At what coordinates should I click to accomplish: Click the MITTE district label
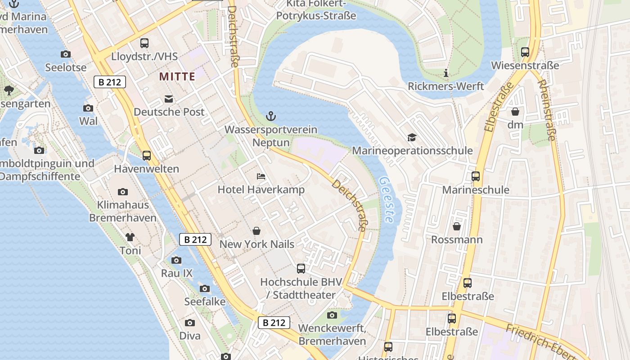click(x=177, y=76)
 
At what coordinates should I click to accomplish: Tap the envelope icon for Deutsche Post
click(x=169, y=99)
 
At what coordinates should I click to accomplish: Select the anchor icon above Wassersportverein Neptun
click(x=270, y=117)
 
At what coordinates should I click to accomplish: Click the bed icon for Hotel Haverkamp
click(x=261, y=176)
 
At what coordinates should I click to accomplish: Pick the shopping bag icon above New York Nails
click(x=256, y=231)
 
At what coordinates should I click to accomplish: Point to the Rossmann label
click(x=457, y=239)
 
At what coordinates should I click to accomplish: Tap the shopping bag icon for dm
click(x=515, y=111)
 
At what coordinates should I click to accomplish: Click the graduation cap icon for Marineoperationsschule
click(x=412, y=137)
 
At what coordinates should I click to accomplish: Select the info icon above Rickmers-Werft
click(x=446, y=73)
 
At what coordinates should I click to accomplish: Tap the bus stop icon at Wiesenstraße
click(x=525, y=52)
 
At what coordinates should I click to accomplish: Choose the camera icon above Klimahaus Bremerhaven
click(x=122, y=192)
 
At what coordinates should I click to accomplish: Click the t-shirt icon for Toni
click(x=130, y=237)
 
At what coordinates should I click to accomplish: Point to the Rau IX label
click(x=176, y=273)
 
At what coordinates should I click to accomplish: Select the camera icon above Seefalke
click(x=205, y=288)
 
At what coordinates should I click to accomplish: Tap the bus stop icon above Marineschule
click(x=476, y=176)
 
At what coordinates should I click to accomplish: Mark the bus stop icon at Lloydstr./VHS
click(x=144, y=43)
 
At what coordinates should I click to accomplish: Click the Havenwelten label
click(x=146, y=169)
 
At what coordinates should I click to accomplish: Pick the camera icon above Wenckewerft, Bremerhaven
click(x=332, y=315)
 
